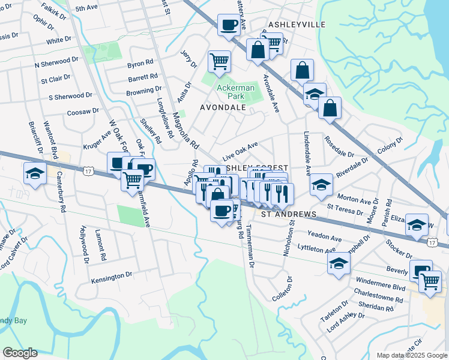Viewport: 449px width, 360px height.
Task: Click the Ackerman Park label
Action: click(235, 92)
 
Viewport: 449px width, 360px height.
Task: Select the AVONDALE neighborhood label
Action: click(223, 107)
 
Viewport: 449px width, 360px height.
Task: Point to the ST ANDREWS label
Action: click(289, 214)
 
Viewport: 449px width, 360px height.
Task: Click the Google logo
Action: click(19, 353)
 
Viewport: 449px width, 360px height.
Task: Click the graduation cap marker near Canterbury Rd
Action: click(35, 174)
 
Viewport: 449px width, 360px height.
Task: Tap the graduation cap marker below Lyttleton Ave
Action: click(339, 264)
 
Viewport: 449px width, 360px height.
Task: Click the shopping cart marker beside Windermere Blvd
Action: click(430, 281)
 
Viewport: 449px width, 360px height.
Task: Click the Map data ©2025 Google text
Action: click(411, 355)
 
